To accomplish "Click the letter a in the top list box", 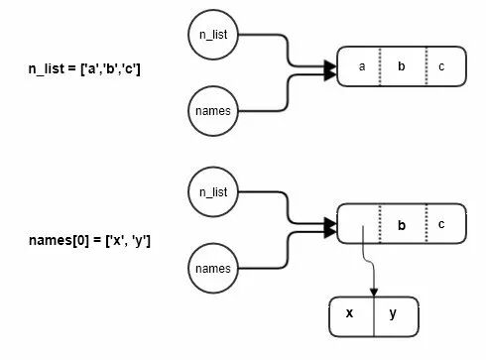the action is click(362, 66).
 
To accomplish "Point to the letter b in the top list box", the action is click(402, 66).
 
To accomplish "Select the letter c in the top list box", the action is click(441, 66).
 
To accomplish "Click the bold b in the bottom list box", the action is click(402, 225).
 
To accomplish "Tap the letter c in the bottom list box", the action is click(441, 224).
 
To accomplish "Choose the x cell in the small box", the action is click(352, 316).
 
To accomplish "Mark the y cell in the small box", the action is click(396, 316).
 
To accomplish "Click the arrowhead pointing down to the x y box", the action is click(374, 293).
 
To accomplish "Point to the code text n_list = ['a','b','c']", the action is click(84, 69).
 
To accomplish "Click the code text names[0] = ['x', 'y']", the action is click(89, 241).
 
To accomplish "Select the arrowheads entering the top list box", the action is click(330, 70).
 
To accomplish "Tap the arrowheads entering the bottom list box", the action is click(330, 228).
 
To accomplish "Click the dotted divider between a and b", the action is click(380, 66).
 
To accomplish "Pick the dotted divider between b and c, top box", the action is click(426, 66).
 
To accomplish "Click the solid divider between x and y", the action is click(374, 316).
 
